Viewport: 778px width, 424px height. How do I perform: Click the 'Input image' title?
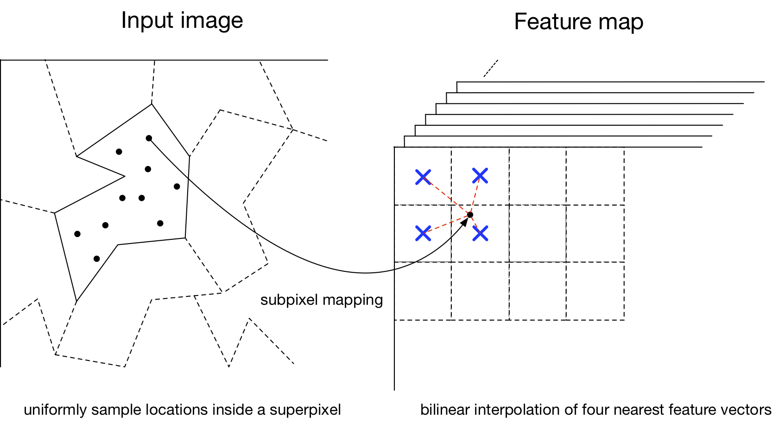[x=182, y=20]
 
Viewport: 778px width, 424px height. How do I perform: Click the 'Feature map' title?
[x=578, y=22]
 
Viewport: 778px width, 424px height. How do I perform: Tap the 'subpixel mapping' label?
[x=322, y=300]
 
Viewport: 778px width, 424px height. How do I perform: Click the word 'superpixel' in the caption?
[x=305, y=410]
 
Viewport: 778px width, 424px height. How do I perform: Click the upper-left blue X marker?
[x=423, y=177]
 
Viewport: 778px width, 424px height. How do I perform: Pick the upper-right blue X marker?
[x=480, y=176]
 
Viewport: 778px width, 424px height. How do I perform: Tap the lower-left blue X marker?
[x=423, y=233]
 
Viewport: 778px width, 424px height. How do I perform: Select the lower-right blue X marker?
[x=481, y=233]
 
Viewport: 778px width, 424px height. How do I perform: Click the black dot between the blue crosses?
[x=470, y=215]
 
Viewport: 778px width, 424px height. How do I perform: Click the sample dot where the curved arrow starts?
[x=149, y=138]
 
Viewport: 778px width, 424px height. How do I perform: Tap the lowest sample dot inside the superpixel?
[x=96, y=258]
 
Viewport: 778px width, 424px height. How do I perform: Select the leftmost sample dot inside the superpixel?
[x=77, y=234]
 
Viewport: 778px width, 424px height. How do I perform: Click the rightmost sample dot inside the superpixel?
[x=177, y=186]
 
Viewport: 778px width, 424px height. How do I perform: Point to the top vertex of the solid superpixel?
[x=152, y=104]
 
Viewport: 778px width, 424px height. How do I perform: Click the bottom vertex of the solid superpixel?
[x=76, y=302]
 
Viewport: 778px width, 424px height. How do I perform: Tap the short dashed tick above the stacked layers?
[x=490, y=68]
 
